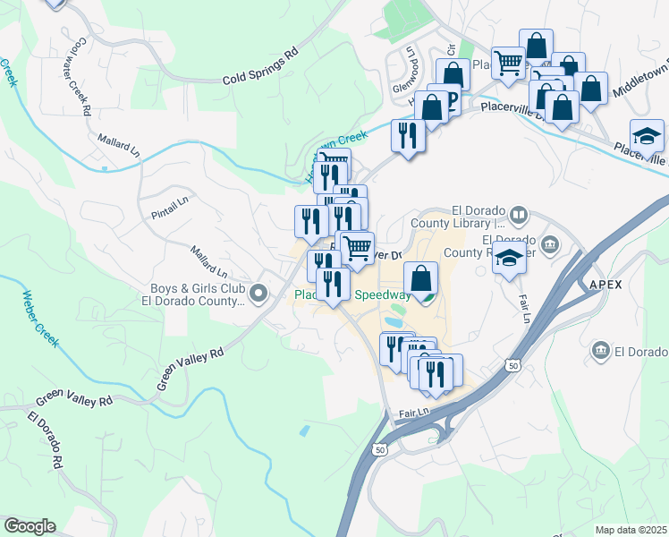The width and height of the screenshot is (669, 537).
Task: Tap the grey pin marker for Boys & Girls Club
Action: (259, 293)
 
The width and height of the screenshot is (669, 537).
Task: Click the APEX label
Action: (605, 284)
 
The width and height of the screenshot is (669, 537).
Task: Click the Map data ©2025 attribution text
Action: (631, 530)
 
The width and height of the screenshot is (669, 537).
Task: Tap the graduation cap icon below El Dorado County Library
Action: (510, 260)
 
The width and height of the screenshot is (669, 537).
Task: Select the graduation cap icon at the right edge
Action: (647, 136)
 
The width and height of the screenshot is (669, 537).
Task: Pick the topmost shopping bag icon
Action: (536, 46)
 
